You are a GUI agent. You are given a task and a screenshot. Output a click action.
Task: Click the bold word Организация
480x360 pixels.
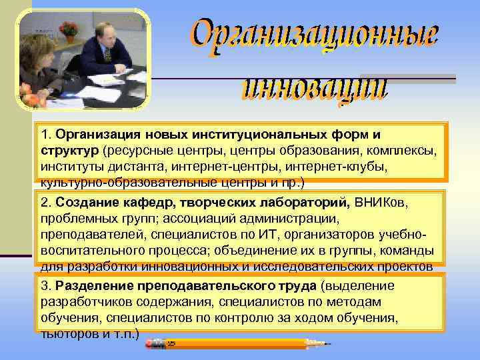[93, 135]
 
